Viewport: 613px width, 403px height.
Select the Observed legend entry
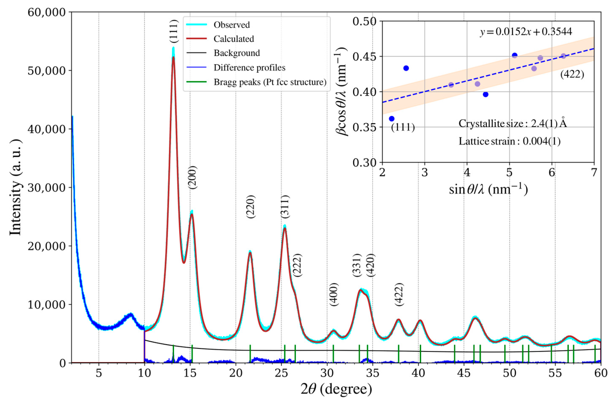(x=231, y=25)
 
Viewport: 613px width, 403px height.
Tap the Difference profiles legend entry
(x=249, y=67)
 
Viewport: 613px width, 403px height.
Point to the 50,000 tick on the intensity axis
(x=46, y=71)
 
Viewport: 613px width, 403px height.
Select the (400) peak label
(x=334, y=294)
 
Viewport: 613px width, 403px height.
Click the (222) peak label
(x=298, y=265)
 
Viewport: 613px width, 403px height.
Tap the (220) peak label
(x=251, y=207)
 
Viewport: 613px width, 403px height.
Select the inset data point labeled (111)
(x=392, y=118)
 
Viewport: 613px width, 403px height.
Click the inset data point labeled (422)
(x=563, y=56)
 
